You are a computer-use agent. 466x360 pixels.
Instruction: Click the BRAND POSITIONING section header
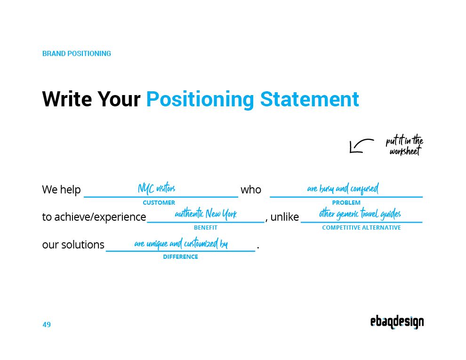coord(77,54)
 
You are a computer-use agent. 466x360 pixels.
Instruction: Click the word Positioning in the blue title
coord(200,100)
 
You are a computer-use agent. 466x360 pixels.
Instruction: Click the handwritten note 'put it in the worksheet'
coord(404,146)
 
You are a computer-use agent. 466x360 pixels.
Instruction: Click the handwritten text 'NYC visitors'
coord(156,189)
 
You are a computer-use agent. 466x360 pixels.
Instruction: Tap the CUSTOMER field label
coord(159,203)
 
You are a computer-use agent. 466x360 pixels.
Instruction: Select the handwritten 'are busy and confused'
coord(343,189)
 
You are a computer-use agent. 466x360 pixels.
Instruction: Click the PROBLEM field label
coord(346,203)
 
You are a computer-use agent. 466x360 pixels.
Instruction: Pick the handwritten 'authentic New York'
coord(206,215)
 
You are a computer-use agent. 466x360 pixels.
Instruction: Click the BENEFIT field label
coord(206,228)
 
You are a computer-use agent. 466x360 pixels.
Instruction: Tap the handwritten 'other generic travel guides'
coord(360,215)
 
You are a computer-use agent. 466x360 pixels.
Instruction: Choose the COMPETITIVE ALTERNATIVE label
coord(362,228)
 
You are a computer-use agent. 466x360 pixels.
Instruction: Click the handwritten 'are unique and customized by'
coord(181,244)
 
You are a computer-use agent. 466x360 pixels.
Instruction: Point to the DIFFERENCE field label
coord(180,257)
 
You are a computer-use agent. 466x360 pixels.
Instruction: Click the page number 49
coord(47,325)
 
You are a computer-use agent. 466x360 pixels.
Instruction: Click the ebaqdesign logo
coord(397,322)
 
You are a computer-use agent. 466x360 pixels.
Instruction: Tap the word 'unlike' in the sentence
coord(284,217)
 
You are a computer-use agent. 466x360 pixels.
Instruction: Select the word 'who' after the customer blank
coord(251,190)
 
